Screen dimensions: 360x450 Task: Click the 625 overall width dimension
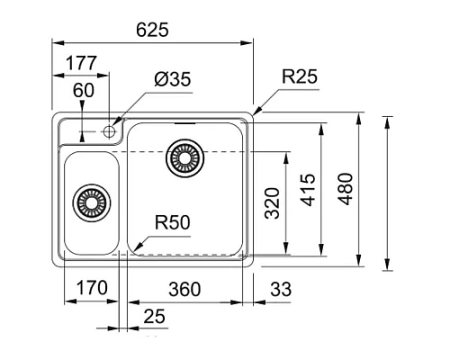152,30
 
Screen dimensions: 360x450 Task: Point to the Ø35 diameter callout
172,80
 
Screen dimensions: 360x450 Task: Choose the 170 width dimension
88,288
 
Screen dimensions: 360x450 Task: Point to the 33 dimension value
282,288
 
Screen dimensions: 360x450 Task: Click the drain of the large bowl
184,157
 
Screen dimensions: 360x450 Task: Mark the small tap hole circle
111,131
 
